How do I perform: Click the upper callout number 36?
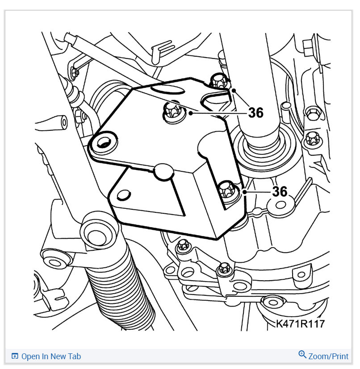pyautogui.click(x=256, y=113)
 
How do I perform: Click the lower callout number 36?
pyautogui.click(x=280, y=191)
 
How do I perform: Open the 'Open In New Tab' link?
pyautogui.click(x=51, y=356)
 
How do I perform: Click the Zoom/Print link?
pyautogui.click(x=328, y=356)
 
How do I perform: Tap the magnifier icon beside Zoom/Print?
pyautogui.click(x=302, y=355)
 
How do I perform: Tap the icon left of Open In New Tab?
pyautogui.click(x=15, y=356)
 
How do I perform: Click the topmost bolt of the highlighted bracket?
pyautogui.click(x=218, y=81)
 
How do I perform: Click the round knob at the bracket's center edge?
pyautogui.click(x=163, y=170)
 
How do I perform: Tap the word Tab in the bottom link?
pyautogui.click(x=75, y=356)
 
